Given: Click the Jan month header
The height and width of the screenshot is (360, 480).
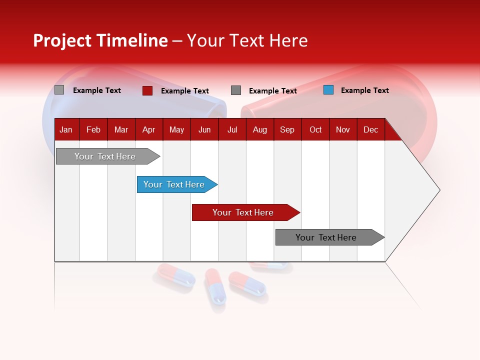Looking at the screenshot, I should pos(66,130).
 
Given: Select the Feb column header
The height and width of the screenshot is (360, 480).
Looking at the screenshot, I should pos(93,130).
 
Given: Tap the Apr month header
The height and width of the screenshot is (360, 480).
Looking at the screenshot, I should pos(148,130).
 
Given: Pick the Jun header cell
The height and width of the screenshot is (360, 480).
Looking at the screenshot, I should pos(204,130).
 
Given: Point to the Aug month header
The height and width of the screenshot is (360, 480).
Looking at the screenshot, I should pos(259,130).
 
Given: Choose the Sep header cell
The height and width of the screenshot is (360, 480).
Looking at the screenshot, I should pos(287,130).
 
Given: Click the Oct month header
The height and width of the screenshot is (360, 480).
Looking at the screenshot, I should pos(315,130).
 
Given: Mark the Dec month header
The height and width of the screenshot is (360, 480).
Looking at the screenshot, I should pos(370,130).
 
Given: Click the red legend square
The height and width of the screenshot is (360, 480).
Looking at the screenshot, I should pos(147,90).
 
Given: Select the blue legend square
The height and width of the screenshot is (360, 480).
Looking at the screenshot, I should pos(328,90).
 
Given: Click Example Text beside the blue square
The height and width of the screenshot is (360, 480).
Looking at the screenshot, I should pos(364,90).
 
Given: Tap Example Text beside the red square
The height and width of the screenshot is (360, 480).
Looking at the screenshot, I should pos(184,91).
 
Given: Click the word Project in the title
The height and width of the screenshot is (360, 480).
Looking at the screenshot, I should pos(62,40).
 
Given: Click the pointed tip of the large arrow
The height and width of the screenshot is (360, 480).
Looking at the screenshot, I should pos(438,190).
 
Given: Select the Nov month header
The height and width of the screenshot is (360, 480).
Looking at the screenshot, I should pos(343,130).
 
